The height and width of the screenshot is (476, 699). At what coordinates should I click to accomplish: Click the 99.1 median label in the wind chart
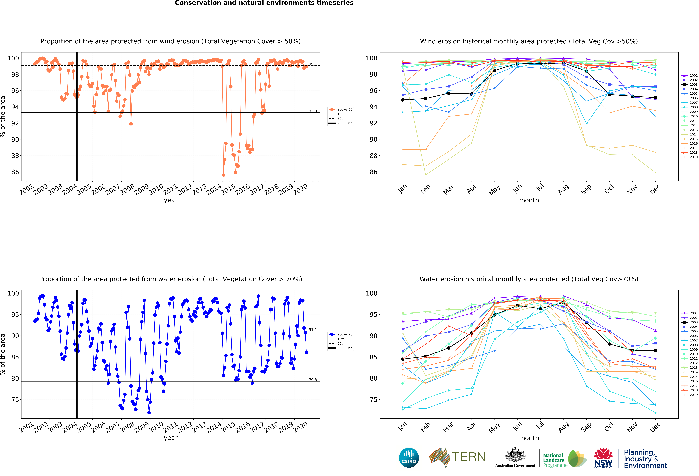(312, 64)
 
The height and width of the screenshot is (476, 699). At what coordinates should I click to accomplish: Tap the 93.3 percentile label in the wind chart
(312, 111)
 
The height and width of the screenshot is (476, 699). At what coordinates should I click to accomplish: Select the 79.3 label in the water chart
(312, 380)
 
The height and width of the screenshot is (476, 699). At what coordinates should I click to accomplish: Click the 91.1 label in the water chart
(312, 330)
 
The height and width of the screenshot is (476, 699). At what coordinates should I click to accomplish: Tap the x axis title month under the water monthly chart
(529, 438)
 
